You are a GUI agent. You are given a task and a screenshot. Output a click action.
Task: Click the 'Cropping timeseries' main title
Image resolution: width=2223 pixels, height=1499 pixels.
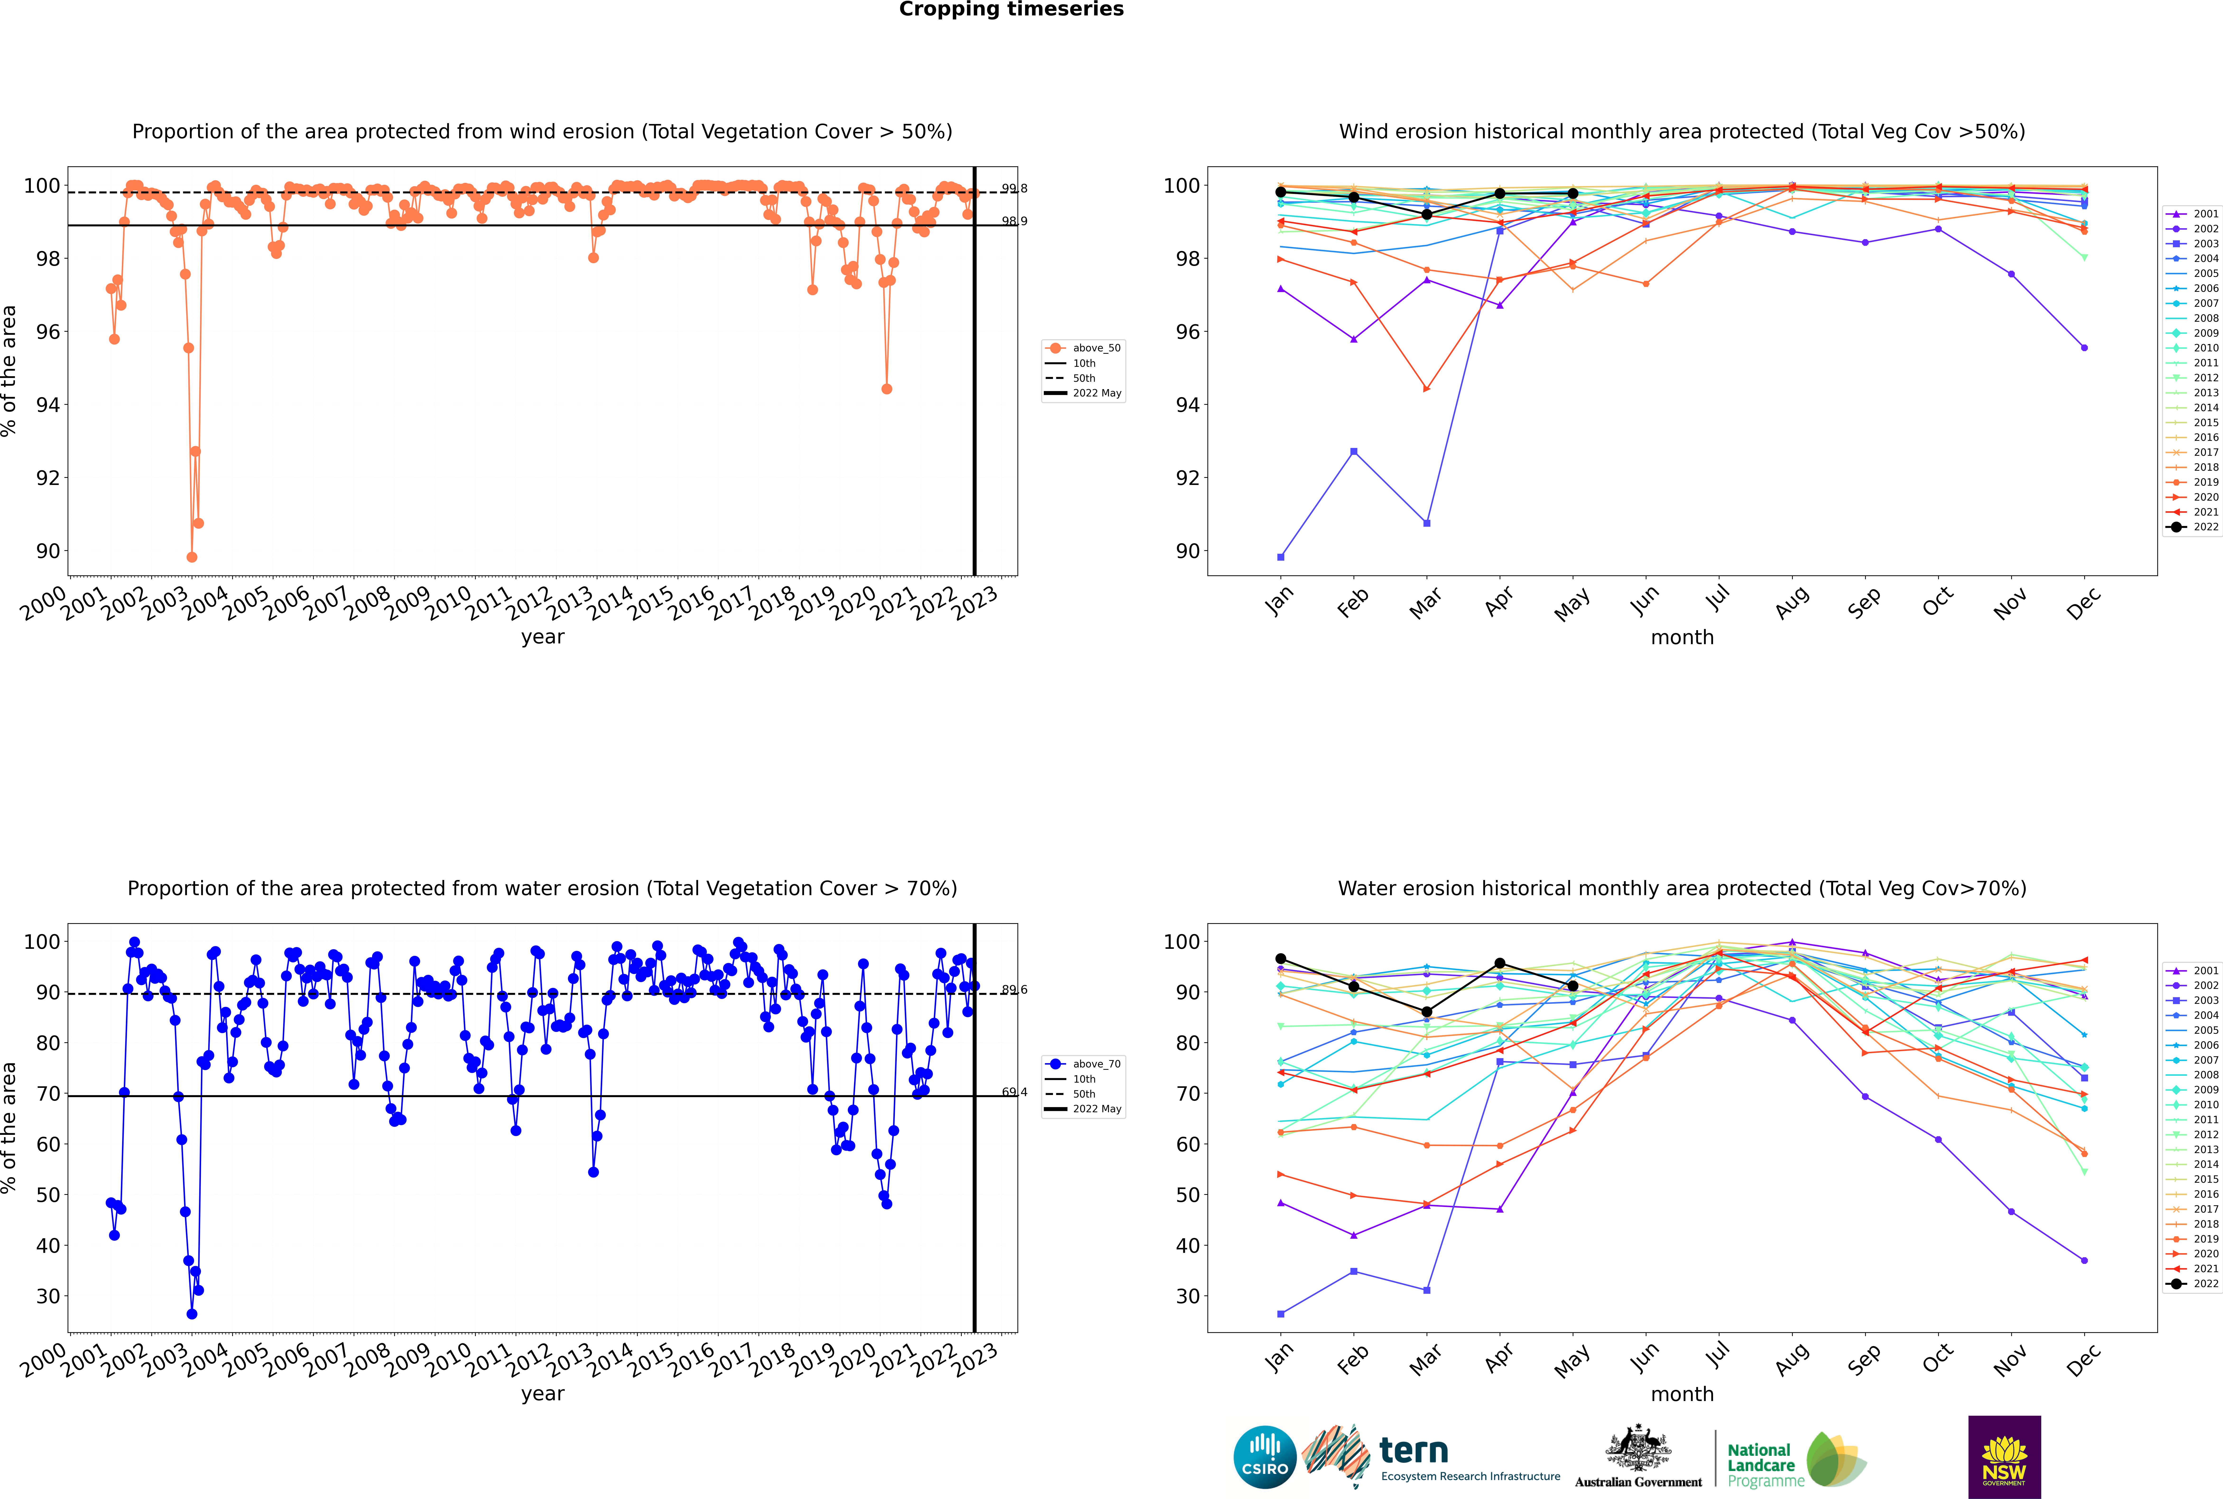pos(1011,9)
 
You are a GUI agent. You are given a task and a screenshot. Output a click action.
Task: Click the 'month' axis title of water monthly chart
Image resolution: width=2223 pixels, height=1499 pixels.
pos(1682,1394)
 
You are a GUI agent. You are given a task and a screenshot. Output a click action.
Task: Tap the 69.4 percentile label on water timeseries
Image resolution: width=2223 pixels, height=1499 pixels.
pos(1014,1092)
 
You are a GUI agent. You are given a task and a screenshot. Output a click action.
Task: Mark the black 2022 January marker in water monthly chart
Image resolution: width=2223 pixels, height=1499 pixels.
pos(1281,959)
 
